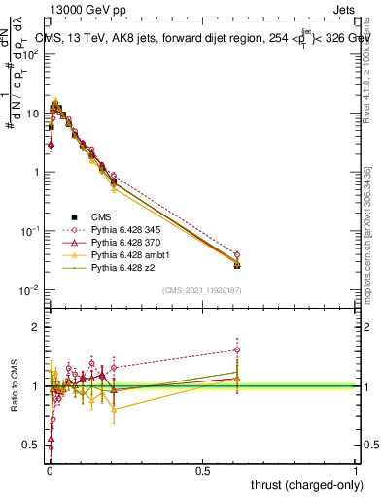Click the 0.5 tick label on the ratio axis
coord(33,446)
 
